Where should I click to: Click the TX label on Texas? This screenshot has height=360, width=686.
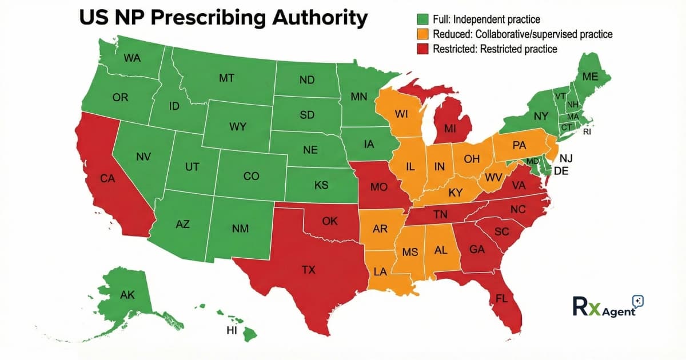tap(308, 270)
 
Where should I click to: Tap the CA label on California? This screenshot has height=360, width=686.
tap(107, 178)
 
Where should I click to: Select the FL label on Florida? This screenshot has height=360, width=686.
tap(502, 299)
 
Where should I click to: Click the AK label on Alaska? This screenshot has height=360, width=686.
tap(127, 295)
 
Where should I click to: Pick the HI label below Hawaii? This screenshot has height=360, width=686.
tap(231, 331)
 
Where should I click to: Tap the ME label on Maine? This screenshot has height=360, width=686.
tap(590, 77)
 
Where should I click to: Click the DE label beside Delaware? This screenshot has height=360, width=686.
tap(561, 171)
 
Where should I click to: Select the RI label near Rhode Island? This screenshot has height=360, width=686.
tap(587, 131)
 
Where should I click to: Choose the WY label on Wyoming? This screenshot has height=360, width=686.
tap(237, 127)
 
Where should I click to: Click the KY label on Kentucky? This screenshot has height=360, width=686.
tap(456, 193)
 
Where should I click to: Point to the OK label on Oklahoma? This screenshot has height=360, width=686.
tap(330, 221)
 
